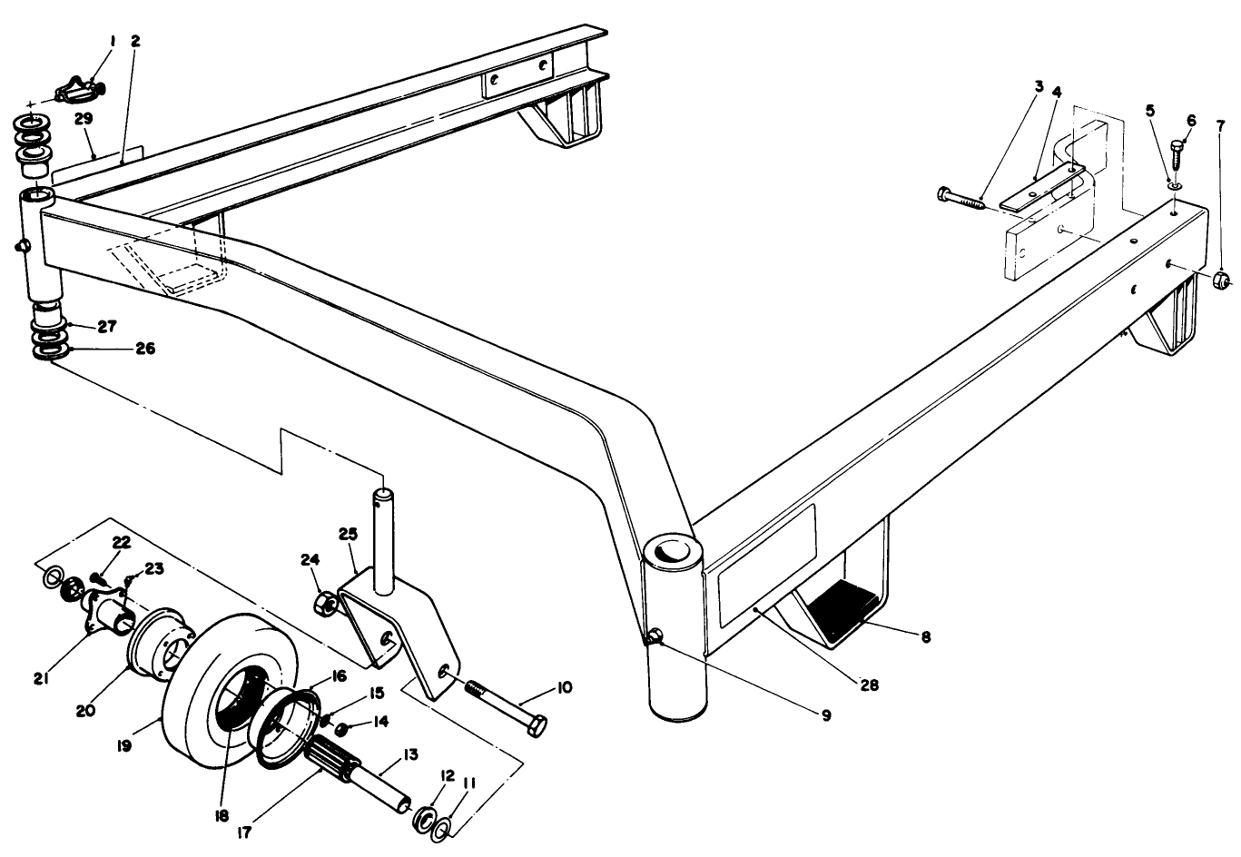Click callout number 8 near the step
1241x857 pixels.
[x=925, y=637]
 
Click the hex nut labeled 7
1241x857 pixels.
[x=1222, y=279]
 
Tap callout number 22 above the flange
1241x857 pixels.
[x=121, y=542]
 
